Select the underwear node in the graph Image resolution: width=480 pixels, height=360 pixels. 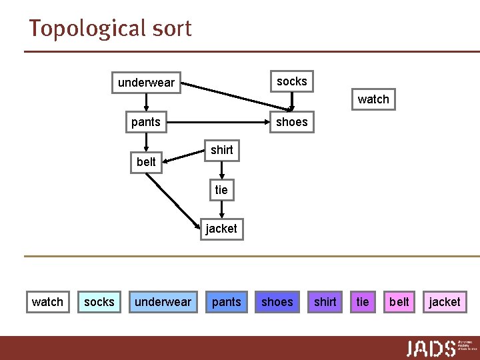[x=146, y=83]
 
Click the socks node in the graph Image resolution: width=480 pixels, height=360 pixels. [x=291, y=81]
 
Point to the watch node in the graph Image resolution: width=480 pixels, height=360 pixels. [x=373, y=99]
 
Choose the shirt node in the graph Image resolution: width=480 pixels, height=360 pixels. [x=221, y=150]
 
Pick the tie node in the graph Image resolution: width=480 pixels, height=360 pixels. [x=221, y=190]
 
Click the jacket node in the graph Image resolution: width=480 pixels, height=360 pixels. [x=221, y=229]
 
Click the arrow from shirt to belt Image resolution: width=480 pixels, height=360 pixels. [x=184, y=155]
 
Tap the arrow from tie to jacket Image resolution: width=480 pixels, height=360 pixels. [x=221, y=209]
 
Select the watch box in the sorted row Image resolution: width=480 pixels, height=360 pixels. [x=47, y=302]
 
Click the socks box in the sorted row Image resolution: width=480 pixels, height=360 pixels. [x=99, y=302]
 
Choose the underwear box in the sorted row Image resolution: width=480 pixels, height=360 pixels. [x=163, y=302]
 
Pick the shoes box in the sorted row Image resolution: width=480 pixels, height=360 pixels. [x=277, y=302]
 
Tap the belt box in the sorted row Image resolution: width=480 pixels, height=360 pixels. [x=399, y=302]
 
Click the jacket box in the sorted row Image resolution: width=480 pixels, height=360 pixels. [x=445, y=302]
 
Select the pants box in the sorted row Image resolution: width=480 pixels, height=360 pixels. [x=226, y=302]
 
